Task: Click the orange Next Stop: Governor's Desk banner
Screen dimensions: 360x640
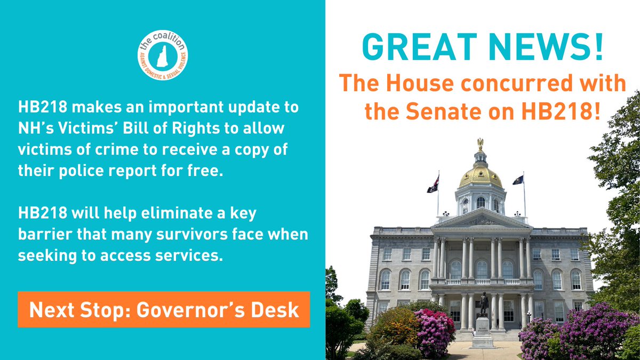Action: pyautogui.click(x=164, y=309)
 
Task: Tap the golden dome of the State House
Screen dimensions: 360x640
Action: pyautogui.click(x=481, y=176)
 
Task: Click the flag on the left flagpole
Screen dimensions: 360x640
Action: pyautogui.click(x=433, y=185)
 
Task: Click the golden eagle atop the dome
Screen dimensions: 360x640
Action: pyautogui.click(x=480, y=142)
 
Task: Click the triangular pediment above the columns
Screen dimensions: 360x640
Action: pyautogui.click(x=482, y=219)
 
